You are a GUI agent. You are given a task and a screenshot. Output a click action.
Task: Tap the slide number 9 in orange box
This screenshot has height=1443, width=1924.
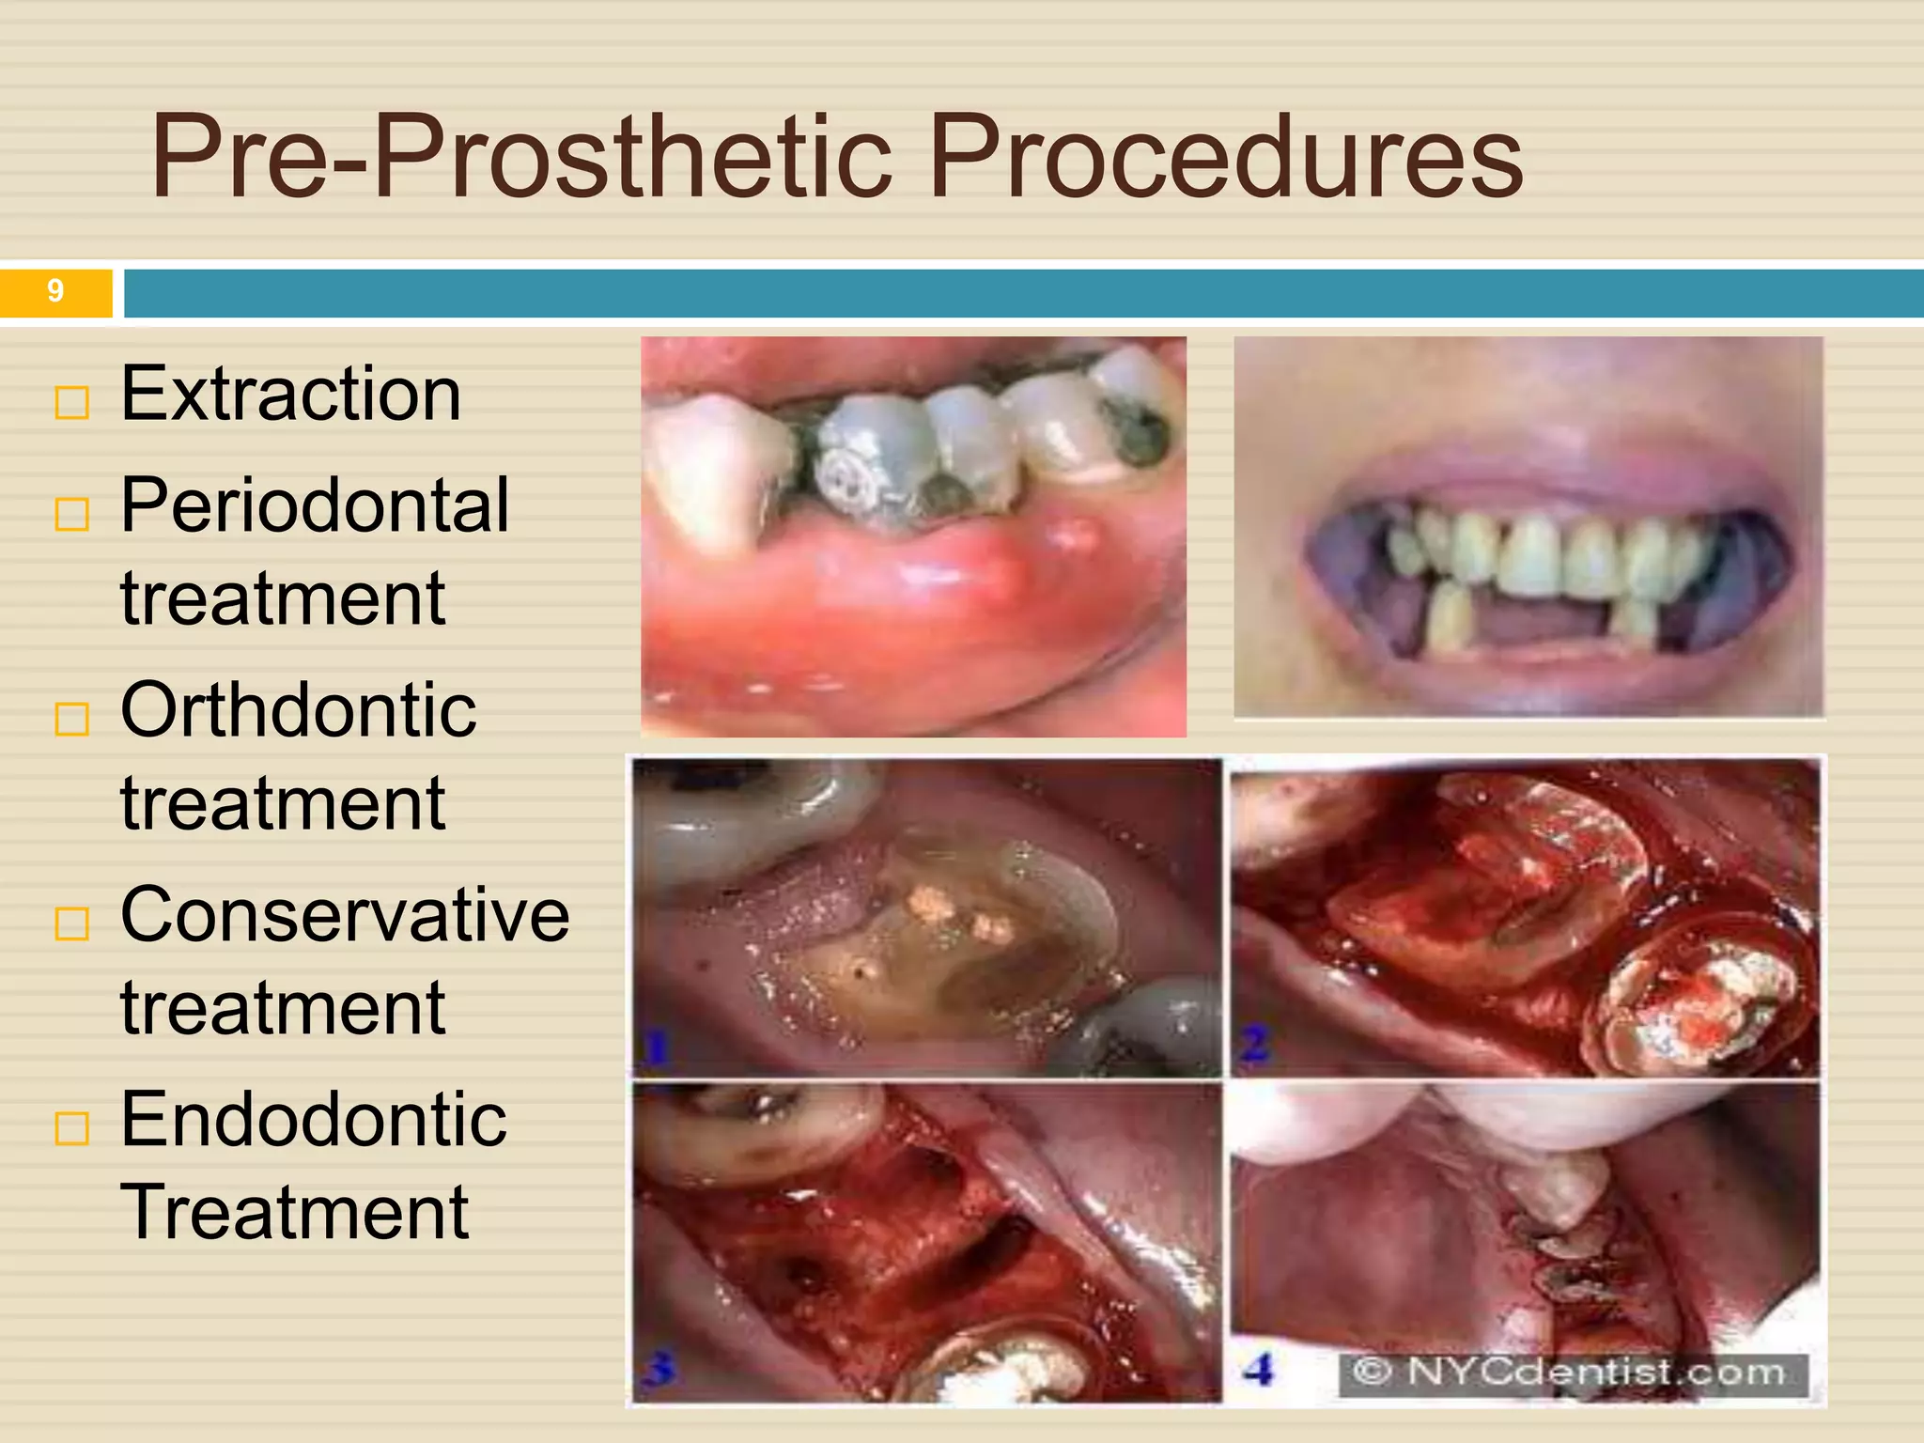coord(55,291)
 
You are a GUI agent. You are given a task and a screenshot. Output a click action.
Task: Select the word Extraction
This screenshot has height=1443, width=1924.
coord(291,394)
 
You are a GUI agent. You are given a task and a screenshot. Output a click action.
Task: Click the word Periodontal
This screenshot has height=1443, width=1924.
coord(315,505)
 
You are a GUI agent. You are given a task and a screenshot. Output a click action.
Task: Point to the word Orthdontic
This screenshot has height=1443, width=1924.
coord(299,710)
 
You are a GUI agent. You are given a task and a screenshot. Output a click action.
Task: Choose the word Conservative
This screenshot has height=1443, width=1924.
coord(345,915)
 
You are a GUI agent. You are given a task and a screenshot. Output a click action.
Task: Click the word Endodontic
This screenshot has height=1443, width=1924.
coord(314,1120)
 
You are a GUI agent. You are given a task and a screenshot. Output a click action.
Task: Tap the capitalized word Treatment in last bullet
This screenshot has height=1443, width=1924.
coord(294,1213)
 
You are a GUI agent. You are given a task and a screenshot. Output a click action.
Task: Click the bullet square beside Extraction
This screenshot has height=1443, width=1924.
coord(72,403)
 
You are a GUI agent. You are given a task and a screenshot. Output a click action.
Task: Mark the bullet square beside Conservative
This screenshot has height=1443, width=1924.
coord(72,924)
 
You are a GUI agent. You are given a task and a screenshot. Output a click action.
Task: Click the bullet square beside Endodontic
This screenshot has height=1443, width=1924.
coord(72,1128)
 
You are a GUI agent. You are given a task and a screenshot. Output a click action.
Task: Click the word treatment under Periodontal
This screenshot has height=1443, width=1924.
coord(282,598)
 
